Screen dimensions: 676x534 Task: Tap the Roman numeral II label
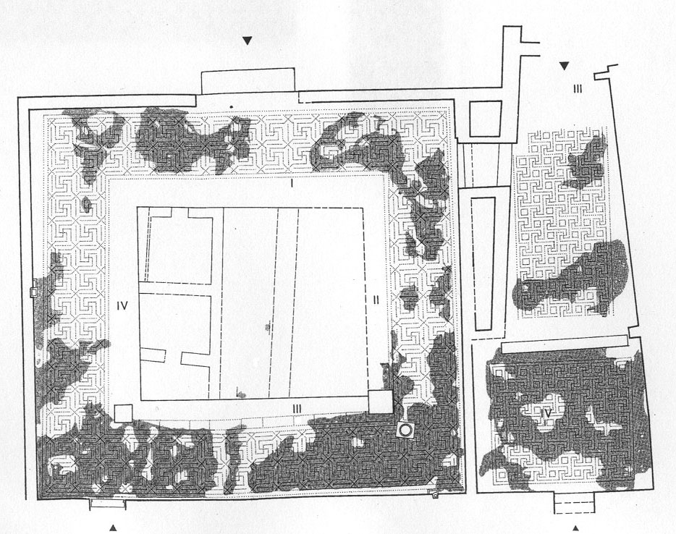click(376, 299)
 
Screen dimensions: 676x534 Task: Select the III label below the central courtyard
click(297, 410)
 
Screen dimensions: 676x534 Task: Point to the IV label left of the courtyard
click(122, 306)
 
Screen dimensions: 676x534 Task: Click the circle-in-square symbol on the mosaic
click(406, 430)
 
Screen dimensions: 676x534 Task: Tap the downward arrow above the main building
click(248, 41)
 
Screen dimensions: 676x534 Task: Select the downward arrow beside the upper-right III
click(565, 67)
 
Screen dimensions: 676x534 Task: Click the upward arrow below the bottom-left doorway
click(113, 527)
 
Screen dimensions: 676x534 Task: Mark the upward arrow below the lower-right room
click(576, 528)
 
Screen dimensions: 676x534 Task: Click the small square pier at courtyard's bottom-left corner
click(122, 413)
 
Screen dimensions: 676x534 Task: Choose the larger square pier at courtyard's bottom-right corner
click(380, 401)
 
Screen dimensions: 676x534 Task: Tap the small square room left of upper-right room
click(486, 119)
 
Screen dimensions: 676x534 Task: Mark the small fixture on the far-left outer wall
click(33, 292)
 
